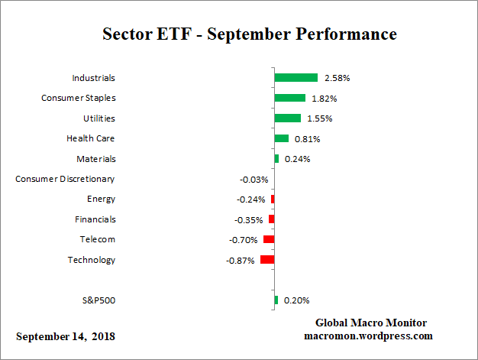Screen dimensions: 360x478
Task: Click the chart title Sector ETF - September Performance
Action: [250, 34]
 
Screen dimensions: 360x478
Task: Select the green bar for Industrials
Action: [296, 78]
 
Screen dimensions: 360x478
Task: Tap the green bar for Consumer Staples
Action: [289, 98]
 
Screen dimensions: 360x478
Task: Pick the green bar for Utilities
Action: [287, 118]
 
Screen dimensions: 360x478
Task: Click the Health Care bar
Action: [281, 138]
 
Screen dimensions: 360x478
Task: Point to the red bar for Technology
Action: [267, 260]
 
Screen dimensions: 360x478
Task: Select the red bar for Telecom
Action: [269, 239]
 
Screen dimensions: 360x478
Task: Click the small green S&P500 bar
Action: [276, 300]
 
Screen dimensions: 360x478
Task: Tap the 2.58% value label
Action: [337, 78]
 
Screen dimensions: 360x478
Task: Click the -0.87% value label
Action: [241, 261]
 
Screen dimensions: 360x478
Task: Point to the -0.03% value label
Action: [254, 180]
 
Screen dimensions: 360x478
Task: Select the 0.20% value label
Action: [296, 300]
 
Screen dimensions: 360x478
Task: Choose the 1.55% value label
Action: [320, 118]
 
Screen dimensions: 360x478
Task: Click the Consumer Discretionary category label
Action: [66, 179]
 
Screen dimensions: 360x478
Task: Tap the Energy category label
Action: [101, 199]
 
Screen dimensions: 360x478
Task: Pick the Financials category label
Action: [95, 219]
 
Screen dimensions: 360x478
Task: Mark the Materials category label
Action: [96, 159]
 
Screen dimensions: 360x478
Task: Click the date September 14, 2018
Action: [66, 336]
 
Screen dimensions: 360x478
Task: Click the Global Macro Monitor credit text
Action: [370, 323]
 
